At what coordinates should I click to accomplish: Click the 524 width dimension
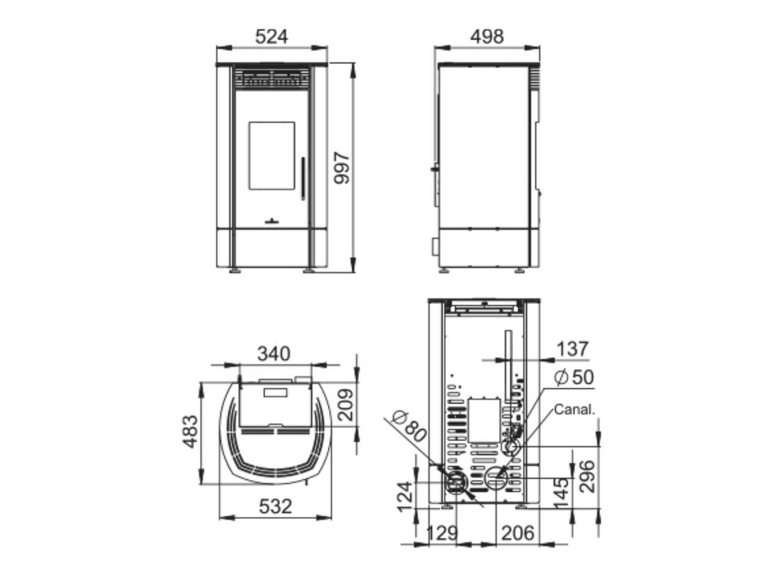click(272, 37)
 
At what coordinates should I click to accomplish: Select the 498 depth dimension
click(487, 37)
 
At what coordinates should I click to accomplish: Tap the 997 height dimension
click(342, 167)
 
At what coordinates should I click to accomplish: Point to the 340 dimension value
click(274, 354)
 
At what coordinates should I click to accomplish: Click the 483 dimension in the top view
click(190, 432)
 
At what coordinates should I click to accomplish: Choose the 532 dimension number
click(275, 506)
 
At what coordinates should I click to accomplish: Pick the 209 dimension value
click(346, 405)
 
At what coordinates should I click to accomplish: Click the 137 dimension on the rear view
click(572, 349)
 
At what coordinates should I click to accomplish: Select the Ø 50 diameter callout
click(574, 377)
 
